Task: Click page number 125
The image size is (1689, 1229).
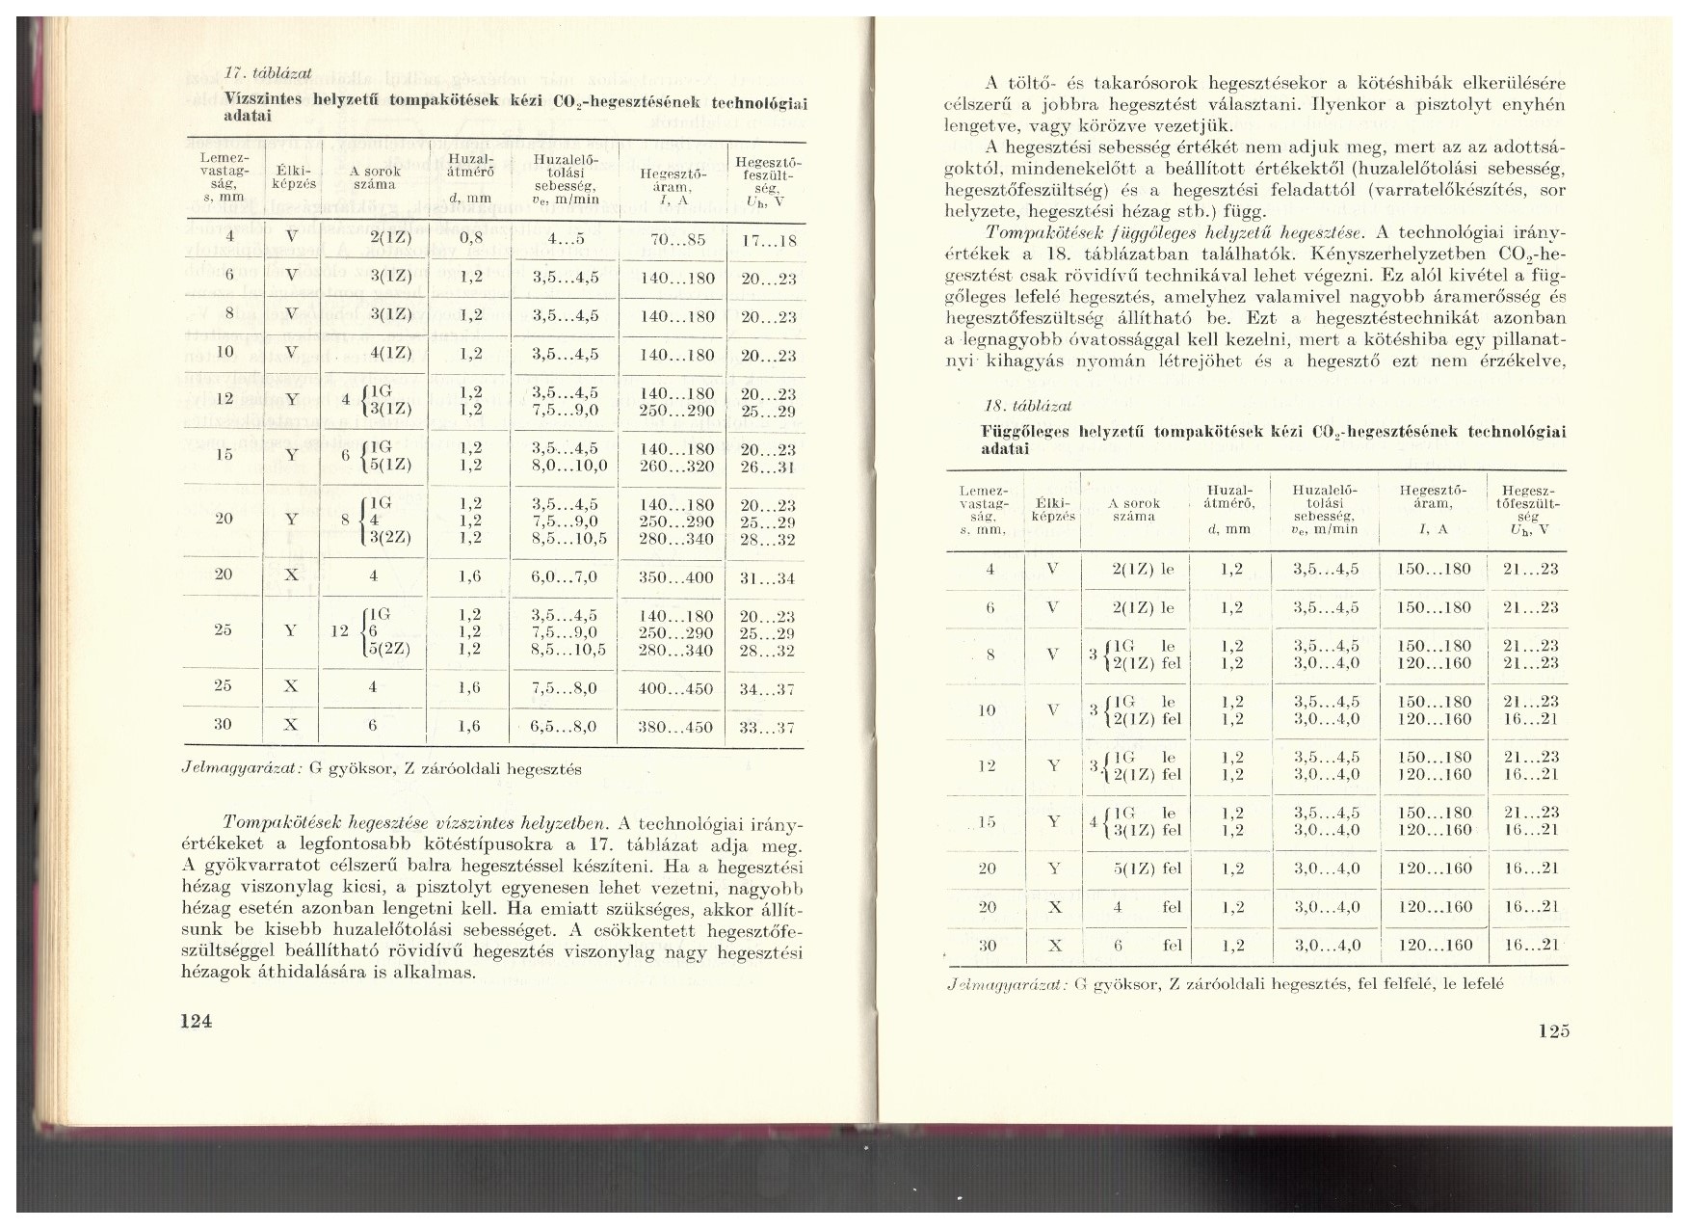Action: [x=1553, y=1030]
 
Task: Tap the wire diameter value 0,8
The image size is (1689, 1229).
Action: [x=471, y=238]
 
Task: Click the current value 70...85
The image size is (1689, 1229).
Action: [x=677, y=239]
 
